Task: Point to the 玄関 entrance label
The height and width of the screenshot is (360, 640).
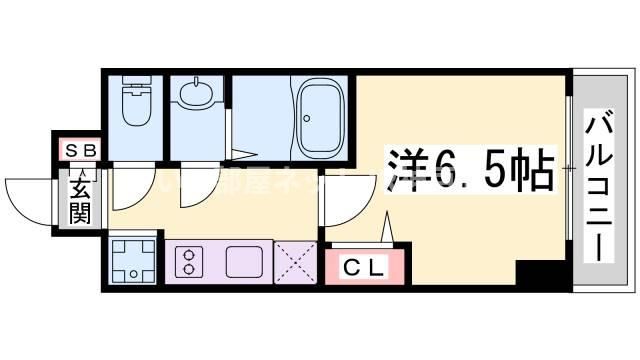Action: pyautogui.click(x=79, y=197)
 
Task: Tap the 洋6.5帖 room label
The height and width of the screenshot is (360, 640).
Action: pyautogui.click(x=468, y=168)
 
